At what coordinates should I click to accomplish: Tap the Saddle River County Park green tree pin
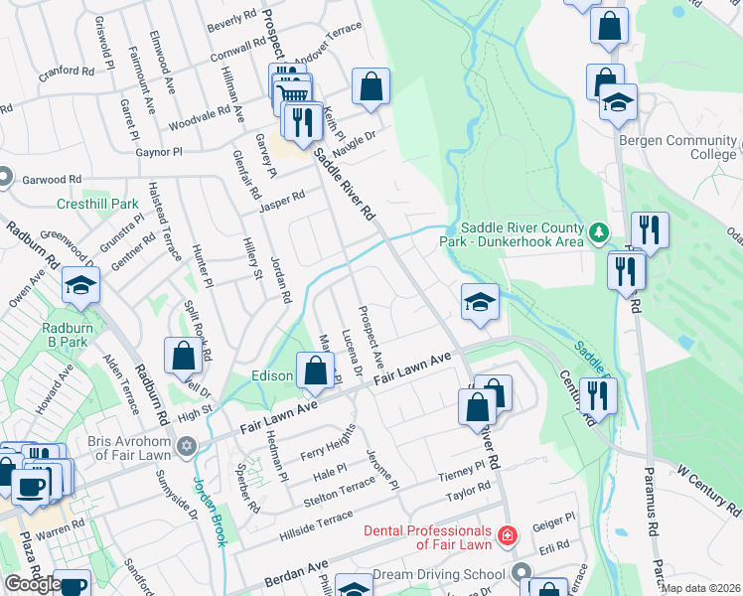pos(598,233)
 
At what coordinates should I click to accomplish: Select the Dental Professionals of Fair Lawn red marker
pos(508,536)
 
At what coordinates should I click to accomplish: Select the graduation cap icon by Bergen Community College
pos(618,102)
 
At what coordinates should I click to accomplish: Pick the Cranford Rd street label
pos(68,72)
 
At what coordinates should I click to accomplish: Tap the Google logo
pos(33,584)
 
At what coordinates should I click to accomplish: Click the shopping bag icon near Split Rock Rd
pos(185,357)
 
